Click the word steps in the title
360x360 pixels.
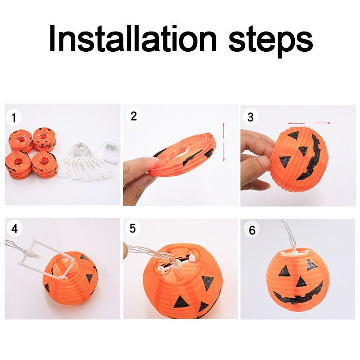[270, 40]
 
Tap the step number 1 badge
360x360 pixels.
[15, 118]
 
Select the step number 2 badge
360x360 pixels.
[133, 116]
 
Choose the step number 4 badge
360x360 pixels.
[14, 229]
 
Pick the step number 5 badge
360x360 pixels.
[132, 229]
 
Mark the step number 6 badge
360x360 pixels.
[252, 230]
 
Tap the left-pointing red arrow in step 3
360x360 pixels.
[297, 122]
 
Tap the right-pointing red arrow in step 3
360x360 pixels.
[323, 122]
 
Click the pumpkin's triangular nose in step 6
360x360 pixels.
[301, 282]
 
